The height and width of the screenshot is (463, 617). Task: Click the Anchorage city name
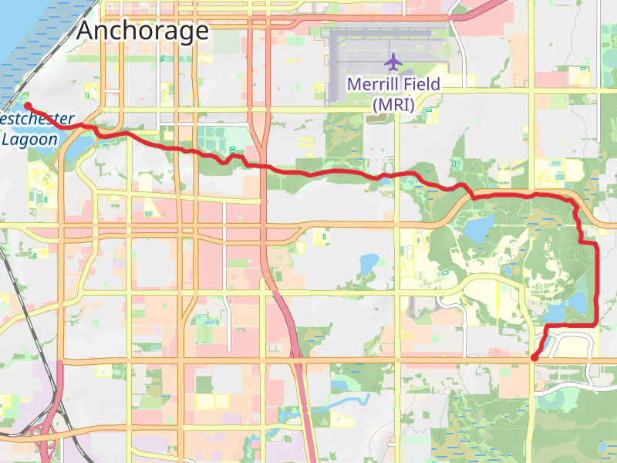point(143,31)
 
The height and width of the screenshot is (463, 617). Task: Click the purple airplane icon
point(393,61)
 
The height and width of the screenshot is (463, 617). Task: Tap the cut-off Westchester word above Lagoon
point(37,120)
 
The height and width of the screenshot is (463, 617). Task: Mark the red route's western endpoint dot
point(27,105)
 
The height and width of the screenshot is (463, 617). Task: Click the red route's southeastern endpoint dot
point(534,357)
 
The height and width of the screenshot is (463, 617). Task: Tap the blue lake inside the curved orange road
point(480,228)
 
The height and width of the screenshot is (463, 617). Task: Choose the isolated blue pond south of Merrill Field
point(368,264)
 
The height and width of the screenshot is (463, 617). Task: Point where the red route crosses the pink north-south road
point(262,165)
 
